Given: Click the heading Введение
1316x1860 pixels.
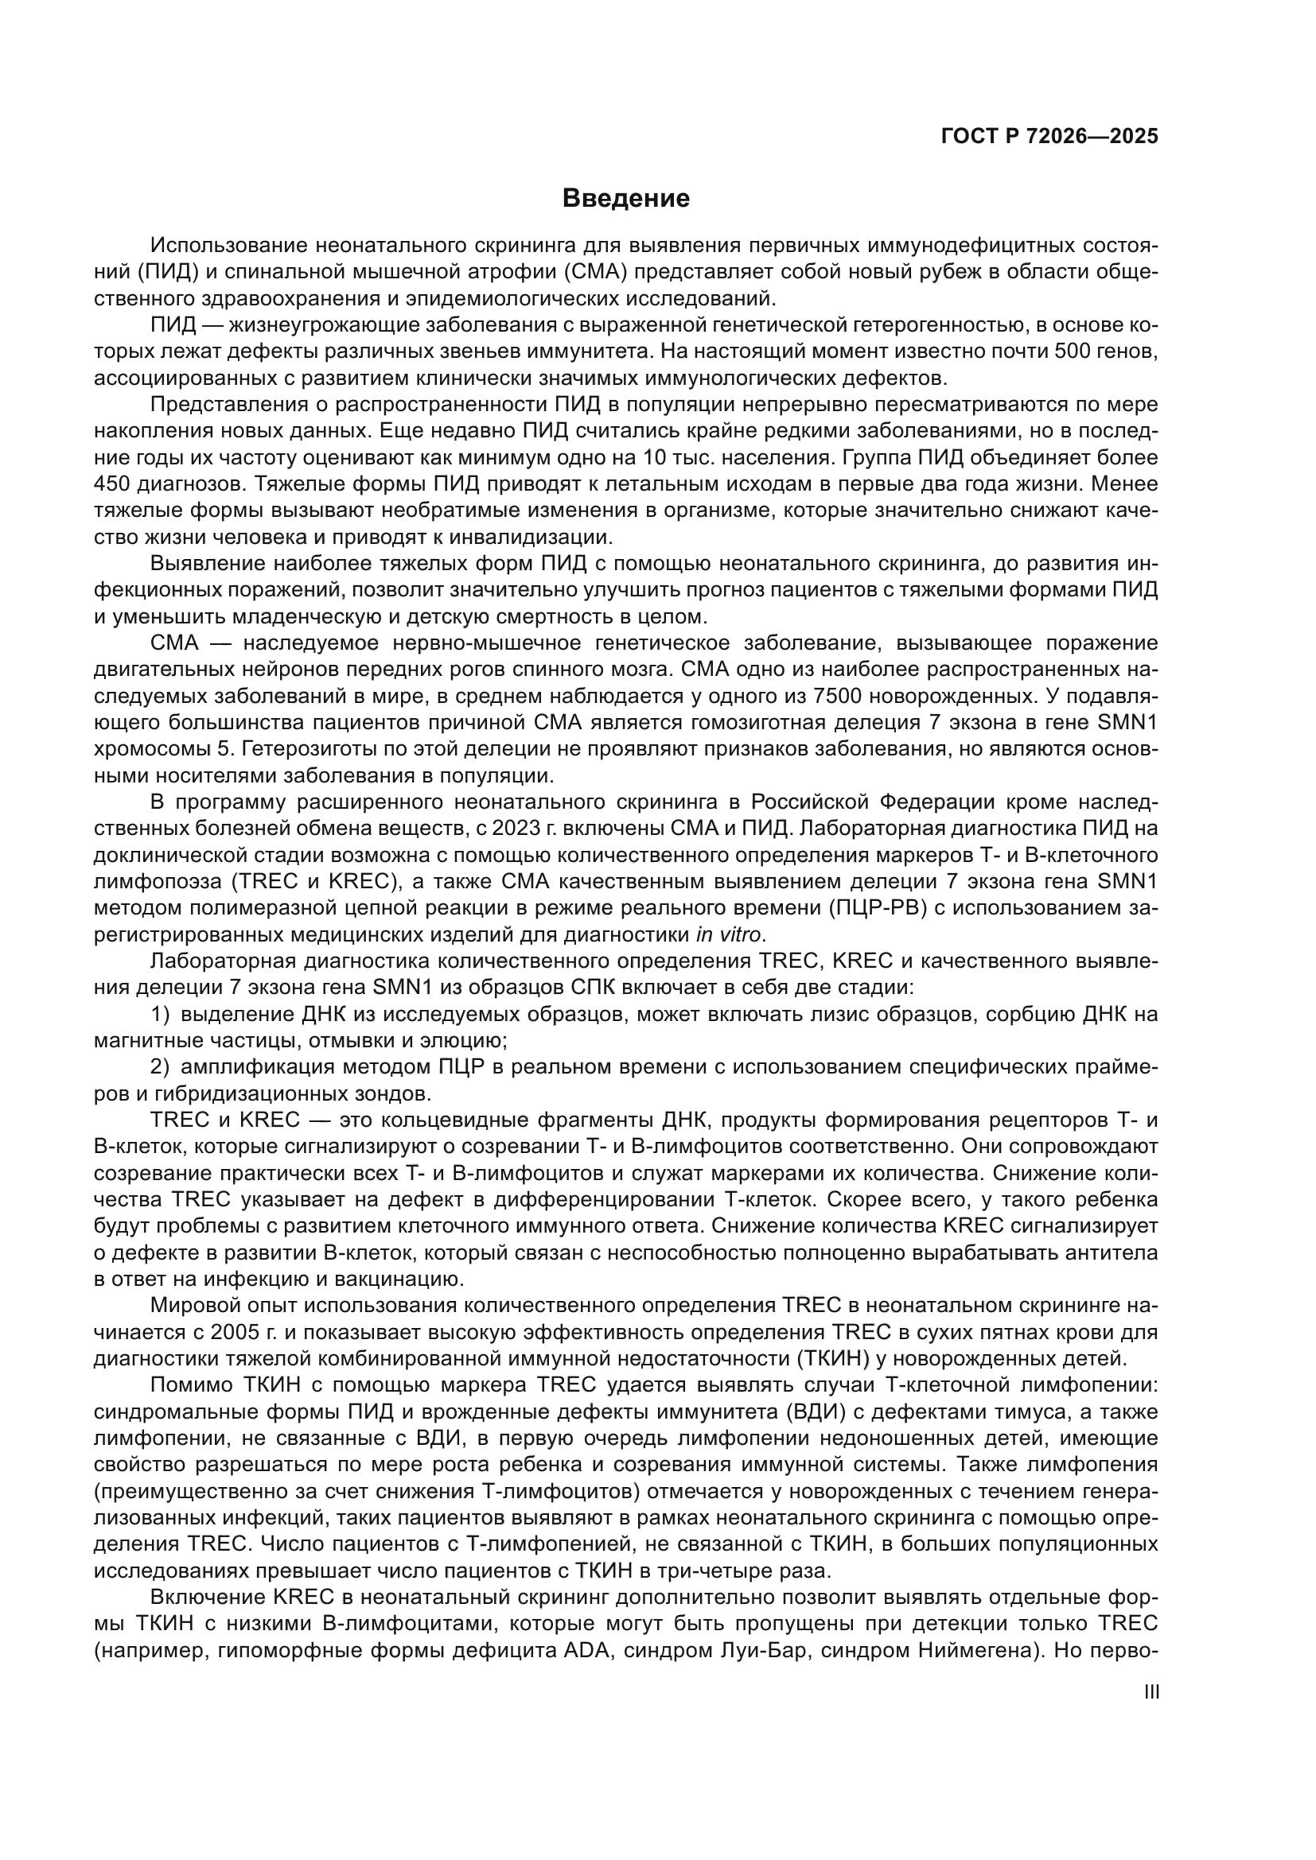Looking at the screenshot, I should (x=625, y=199).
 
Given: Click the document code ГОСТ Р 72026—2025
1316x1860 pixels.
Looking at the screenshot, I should (x=1049, y=136).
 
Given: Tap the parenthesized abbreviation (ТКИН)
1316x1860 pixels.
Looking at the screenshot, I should (x=859, y=1358).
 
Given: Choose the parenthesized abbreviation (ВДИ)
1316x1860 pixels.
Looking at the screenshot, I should (x=816, y=1412).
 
